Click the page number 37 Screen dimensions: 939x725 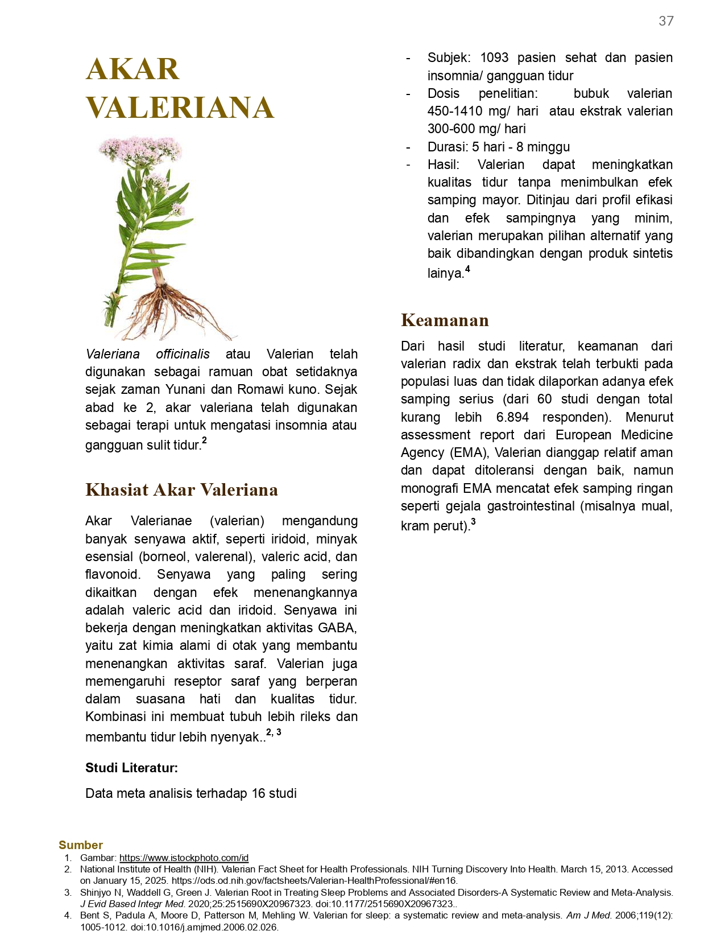666,21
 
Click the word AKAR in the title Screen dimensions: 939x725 132,69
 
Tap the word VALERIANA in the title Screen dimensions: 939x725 180,108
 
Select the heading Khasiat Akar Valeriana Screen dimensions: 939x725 181,489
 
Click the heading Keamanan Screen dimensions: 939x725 445,320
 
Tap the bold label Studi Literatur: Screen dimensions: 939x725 131,768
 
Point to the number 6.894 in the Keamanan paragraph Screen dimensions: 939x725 512,417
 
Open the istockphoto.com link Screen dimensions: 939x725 184,858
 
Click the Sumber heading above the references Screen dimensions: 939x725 81,845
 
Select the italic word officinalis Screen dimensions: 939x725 183,354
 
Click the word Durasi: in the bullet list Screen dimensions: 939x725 448,147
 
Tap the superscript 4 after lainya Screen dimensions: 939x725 467,269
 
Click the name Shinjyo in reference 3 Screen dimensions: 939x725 96,892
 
